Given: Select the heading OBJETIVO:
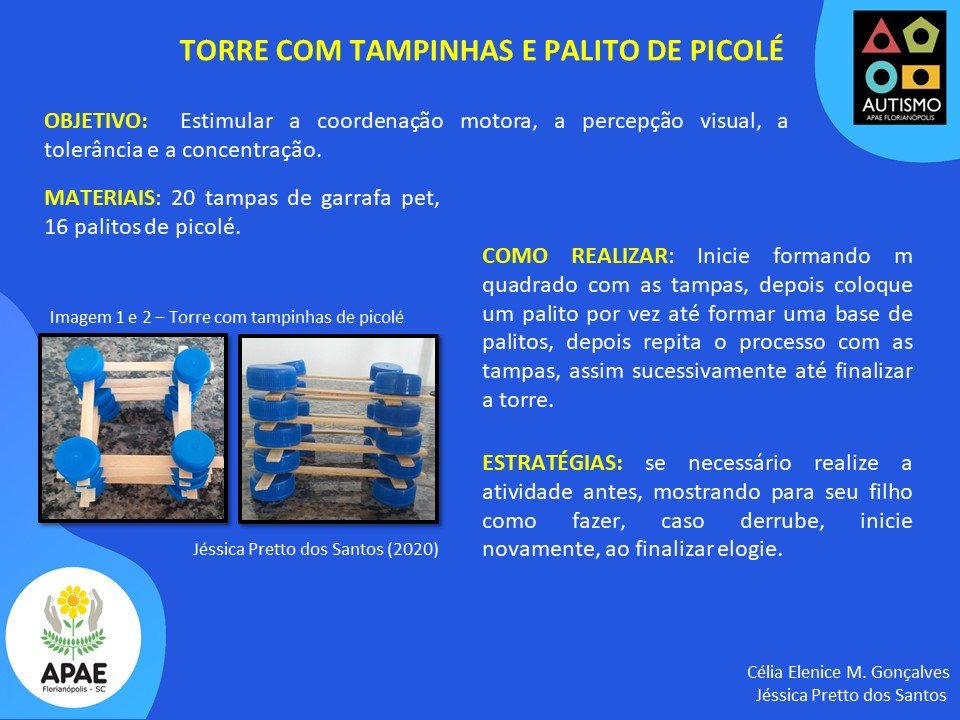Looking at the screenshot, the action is tap(96, 121).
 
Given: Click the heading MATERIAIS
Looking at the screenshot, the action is tap(100, 198).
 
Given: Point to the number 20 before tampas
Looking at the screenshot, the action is tap(182, 198).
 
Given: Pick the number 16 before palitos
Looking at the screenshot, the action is tap(56, 227).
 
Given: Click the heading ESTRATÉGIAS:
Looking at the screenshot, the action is tap(552, 462).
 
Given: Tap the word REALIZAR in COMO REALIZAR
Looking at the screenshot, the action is tap(619, 255).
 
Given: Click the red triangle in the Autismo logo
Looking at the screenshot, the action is tap(880, 37).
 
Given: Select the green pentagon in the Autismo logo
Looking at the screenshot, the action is tap(920, 36).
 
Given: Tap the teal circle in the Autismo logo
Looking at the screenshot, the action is tap(882, 77).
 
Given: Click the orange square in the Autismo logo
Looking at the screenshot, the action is tap(921, 77).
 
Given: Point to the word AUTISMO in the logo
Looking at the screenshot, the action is tap(901, 105).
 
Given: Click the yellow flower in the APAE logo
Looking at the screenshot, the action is tap(73, 602).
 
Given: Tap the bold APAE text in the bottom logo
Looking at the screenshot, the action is tap(73, 673).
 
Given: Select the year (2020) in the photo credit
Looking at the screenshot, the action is tap(413, 549).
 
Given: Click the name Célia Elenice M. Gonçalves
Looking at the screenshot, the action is tap(848, 672).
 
